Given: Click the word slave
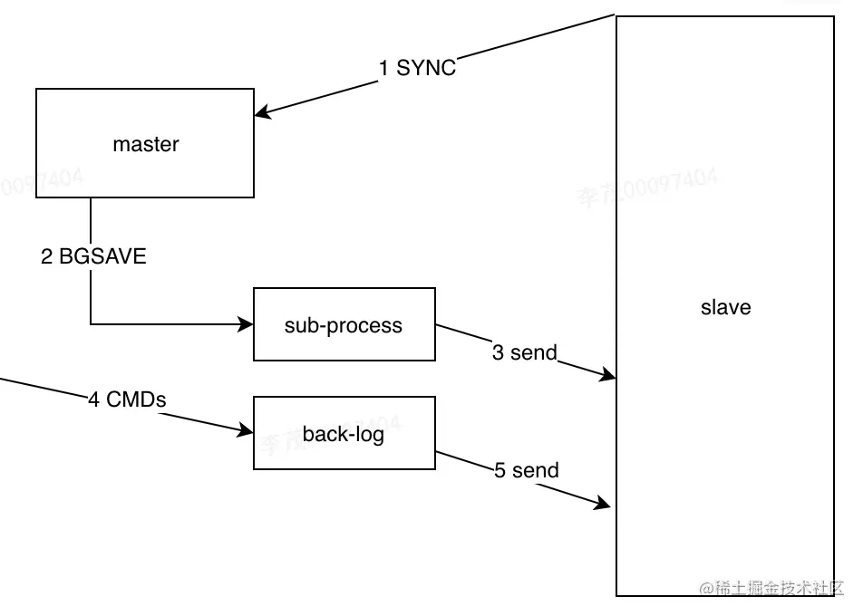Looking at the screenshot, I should [726, 307].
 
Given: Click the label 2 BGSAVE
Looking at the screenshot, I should [93, 256].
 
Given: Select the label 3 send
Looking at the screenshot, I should [524, 352].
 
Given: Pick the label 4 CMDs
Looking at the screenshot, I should [127, 399].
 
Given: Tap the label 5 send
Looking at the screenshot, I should [526, 470].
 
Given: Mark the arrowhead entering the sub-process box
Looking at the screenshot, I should [247, 323].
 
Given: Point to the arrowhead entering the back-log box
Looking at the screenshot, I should [247, 431].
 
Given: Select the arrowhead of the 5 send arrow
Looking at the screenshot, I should [604, 505].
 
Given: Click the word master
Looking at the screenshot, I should [146, 144].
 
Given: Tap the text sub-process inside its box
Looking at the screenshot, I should [344, 325].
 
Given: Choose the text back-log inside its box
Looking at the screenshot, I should [344, 434].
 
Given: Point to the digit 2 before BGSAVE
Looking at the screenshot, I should [46, 256].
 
